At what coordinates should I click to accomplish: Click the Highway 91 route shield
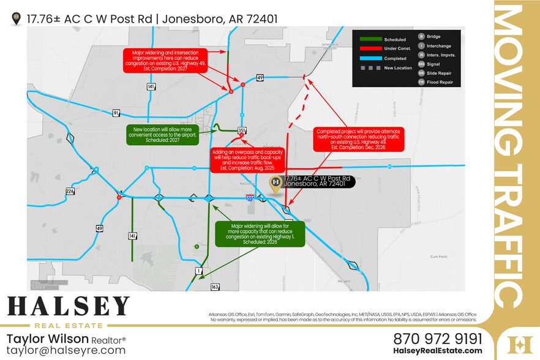pos(116,113)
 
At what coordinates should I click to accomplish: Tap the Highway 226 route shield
pos(70,191)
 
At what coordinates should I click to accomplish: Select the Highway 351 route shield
pos(242,130)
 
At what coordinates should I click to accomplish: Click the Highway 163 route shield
pos(214,287)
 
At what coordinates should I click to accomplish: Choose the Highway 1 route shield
pos(198,270)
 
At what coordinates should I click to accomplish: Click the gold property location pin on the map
pos(276,184)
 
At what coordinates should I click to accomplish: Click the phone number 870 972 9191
pos(437,339)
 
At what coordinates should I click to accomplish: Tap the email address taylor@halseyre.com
pos(66,351)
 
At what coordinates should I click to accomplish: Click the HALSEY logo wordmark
pos(68,306)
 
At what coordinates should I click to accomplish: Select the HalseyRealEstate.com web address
pos(437,351)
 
